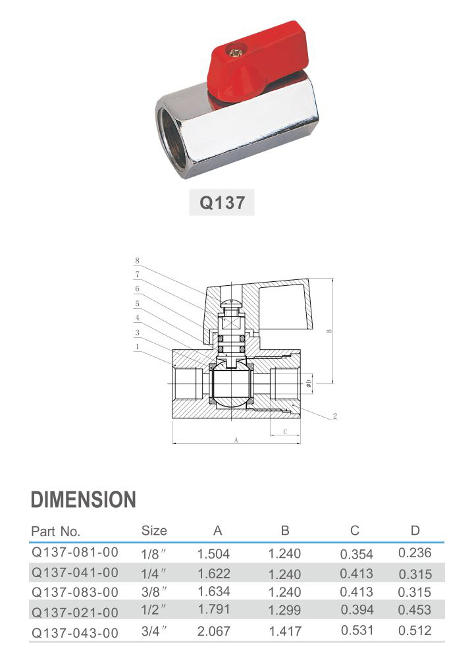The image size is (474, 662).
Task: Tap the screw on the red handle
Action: [x=234, y=52]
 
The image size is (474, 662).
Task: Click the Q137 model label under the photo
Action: [x=222, y=203]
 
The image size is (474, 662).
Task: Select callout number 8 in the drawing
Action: [x=137, y=260]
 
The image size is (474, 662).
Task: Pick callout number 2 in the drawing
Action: [x=335, y=416]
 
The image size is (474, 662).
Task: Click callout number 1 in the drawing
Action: [x=137, y=346]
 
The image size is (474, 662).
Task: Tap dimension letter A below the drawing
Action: [x=236, y=440]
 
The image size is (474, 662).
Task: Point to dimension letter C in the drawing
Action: [x=285, y=431]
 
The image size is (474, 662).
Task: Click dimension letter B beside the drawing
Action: [x=329, y=331]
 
